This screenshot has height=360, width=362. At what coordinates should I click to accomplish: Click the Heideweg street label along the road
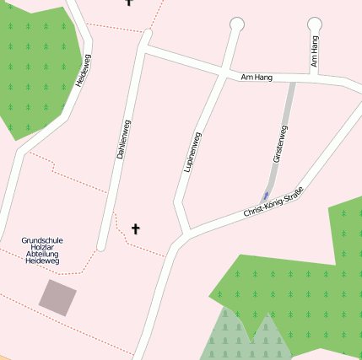83,70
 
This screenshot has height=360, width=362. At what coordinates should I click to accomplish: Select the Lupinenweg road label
192,152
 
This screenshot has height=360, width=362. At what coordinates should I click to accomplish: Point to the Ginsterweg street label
280,144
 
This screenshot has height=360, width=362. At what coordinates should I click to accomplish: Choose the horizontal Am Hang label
257,77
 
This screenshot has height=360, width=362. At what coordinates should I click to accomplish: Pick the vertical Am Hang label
315,51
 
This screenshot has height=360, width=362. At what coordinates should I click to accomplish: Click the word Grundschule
42,240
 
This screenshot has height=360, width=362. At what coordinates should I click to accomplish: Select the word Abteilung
42,254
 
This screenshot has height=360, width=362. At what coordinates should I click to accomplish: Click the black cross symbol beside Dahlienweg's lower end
135,228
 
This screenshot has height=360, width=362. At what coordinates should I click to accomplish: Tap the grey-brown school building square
57,298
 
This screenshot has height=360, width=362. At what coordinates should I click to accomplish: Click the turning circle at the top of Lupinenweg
237,24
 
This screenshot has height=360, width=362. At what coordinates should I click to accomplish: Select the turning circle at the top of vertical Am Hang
315,24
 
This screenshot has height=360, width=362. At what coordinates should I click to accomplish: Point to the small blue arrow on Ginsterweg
267,196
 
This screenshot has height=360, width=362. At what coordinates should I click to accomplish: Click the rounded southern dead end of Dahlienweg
101,246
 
